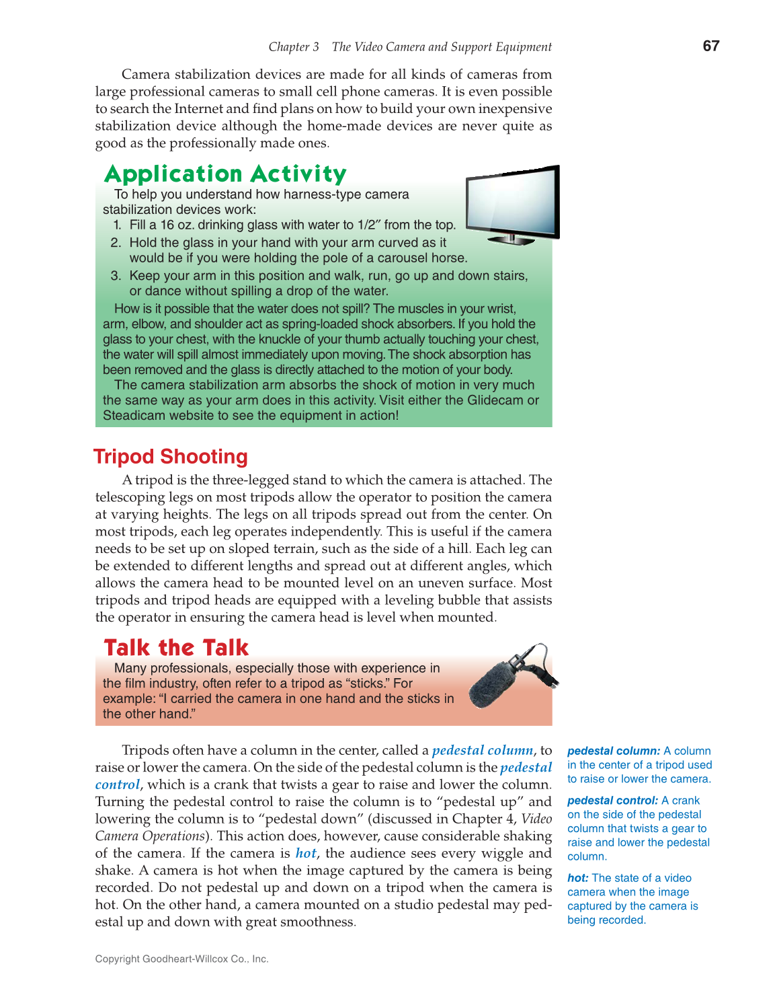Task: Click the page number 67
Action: pyautogui.click(x=710, y=46)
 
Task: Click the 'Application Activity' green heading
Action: pyautogui.click(x=225, y=174)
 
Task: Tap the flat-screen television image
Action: pyautogui.click(x=513, y=204)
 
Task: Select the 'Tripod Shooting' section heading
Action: pyautogui.click(x=171, y=457)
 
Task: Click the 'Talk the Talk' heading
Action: pyautogui.click(x=176, y=647)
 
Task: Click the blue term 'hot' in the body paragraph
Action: pyautogui.click(x=306, y=853)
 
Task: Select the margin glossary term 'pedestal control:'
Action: pyautogui.click(x=612, y=801)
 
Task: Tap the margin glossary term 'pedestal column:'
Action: pyautogui.click(x=614, y=751)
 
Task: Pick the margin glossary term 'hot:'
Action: pyautogui.click(x=578, y=878)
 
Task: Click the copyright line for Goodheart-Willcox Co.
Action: pyautogui.click(x=181, y=959)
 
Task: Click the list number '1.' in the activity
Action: pyautogui.click(x=117, y=225)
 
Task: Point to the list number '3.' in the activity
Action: pyautogui.click(x=116, y=276)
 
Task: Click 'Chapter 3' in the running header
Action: pyautogui.click(x=294, y=47)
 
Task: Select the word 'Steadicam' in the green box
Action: pyautogui.click(x=134, y=416)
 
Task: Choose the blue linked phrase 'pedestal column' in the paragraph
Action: pyautogui.click(x=483, y=750)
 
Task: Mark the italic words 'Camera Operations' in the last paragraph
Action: pyautogui.click(x=150, y=836)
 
